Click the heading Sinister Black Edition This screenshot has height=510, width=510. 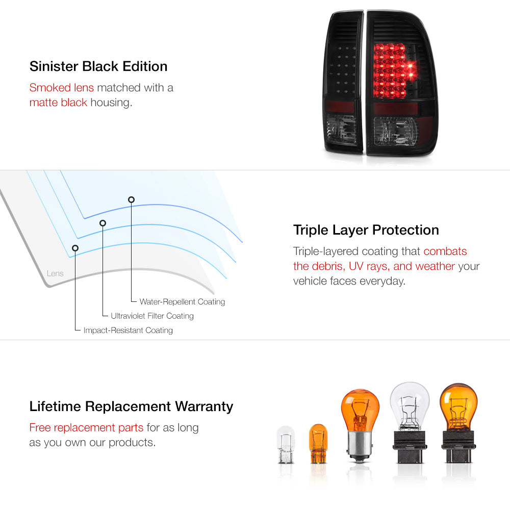[98, 66]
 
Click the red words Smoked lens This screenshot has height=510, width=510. [62, 88]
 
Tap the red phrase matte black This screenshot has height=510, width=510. [58, 103]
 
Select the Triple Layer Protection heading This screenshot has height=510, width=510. [366, 230]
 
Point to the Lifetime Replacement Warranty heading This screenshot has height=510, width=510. [131, 406]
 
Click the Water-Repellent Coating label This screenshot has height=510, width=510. [182, 302]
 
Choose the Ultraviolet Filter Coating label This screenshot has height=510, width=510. [152, 316]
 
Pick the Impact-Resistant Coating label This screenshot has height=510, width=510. [128, 330]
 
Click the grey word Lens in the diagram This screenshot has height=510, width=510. [55, 273]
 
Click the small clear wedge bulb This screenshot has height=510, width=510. [286, 445]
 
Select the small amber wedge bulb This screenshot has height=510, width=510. [318, 444]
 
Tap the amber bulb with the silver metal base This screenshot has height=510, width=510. [360, 425]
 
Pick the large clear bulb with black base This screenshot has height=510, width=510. [410, 422]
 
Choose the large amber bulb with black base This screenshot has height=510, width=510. [458, 423]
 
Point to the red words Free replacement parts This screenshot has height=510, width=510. [86, 427]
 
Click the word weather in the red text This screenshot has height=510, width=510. [435, 266]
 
